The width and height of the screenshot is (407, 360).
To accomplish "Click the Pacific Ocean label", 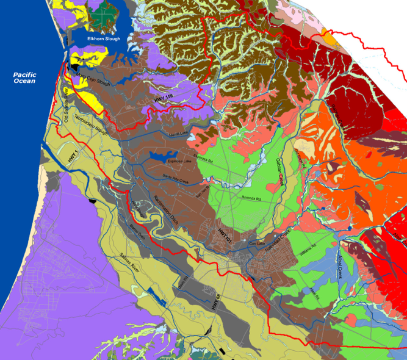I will point(25,79).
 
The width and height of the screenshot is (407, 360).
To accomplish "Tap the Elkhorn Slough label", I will point(104,39).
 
